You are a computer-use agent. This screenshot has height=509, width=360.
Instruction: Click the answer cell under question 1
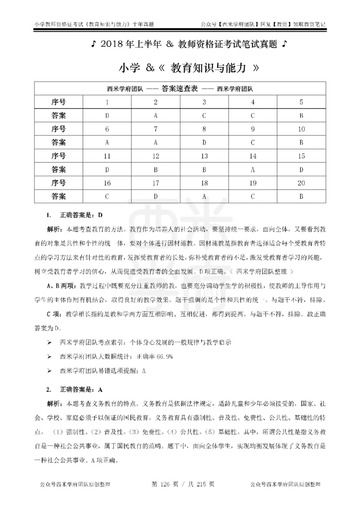(107, 116)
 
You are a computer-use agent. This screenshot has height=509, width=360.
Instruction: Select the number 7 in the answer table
(155, 129)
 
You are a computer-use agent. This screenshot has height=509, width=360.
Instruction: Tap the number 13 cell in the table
(204, 156)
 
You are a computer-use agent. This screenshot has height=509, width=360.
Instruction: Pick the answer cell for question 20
(301, 196)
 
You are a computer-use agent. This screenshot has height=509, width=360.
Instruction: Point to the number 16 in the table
(107, 183)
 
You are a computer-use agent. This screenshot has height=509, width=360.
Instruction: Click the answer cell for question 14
(252, 170)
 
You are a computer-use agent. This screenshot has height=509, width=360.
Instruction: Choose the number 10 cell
(301, 129)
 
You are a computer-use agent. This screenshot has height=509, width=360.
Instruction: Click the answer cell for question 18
(204, 196)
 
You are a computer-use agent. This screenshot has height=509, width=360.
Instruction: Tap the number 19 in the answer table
(252, 183)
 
